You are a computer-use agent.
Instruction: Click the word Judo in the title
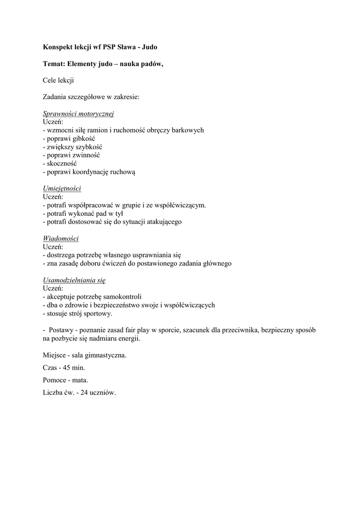[150, 47]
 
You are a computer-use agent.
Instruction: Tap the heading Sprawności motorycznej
[78, 114]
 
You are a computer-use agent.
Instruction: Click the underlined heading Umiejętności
[62, 189]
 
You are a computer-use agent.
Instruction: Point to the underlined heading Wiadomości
[61, 239]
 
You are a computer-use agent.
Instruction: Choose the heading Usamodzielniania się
[74, 280]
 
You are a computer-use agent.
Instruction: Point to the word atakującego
[164, 222]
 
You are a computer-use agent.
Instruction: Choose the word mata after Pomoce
[79, 380]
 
